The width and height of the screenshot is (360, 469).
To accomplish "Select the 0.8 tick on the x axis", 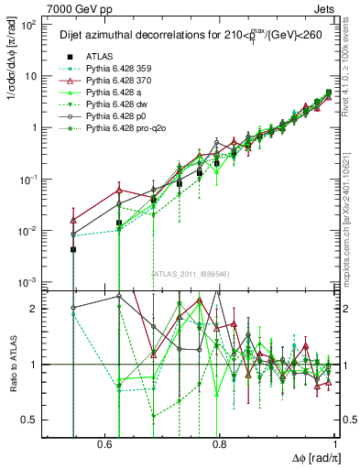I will tap(219, 444).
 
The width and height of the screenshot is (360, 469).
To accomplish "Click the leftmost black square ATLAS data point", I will tap(72, 249).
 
